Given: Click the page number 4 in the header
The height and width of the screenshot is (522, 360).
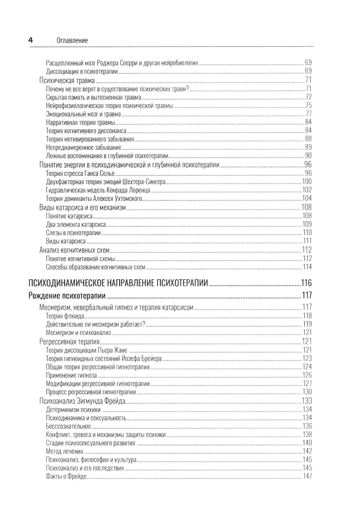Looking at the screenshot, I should point(31,40).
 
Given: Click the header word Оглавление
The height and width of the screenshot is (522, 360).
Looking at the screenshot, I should point(72,41).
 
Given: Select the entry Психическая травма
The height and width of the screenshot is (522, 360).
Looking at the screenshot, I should point(67,80).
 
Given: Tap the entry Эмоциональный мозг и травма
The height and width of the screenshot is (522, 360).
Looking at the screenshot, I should point(84,114).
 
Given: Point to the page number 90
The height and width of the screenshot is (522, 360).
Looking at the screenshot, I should point(308,156).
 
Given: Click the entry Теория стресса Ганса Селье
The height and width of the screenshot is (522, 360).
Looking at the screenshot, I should point(80,173).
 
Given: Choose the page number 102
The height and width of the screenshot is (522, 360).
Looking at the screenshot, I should point(307,190).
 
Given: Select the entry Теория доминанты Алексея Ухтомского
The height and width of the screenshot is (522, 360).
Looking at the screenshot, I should point(94,198).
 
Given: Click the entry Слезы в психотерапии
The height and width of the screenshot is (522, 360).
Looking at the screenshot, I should point(73,233).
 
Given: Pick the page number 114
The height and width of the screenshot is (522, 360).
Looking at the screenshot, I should point(307,267).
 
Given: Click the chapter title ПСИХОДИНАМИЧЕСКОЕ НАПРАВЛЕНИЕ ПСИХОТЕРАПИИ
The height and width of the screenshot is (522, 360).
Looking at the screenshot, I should point(118,283).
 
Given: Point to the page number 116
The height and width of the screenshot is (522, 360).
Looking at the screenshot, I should point(306,283).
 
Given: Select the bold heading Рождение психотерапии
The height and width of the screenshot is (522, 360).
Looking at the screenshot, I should point(67,296).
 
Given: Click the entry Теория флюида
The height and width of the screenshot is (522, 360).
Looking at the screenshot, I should point(65,316).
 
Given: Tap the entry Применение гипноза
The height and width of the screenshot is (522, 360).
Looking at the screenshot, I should point(71,375).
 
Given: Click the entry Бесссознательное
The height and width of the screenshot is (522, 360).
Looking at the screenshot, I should point(68,426).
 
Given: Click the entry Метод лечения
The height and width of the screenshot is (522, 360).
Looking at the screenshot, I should point(64,451).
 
